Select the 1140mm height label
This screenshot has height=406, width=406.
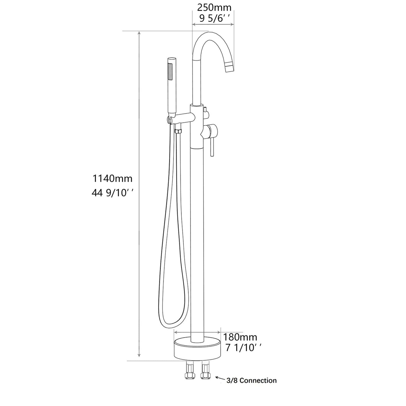point(112,178)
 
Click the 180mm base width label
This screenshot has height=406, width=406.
point(240,337)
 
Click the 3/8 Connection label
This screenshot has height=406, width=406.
point(251,380)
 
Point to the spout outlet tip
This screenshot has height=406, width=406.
point(230,68)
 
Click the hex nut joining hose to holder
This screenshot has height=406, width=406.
point(177,131)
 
